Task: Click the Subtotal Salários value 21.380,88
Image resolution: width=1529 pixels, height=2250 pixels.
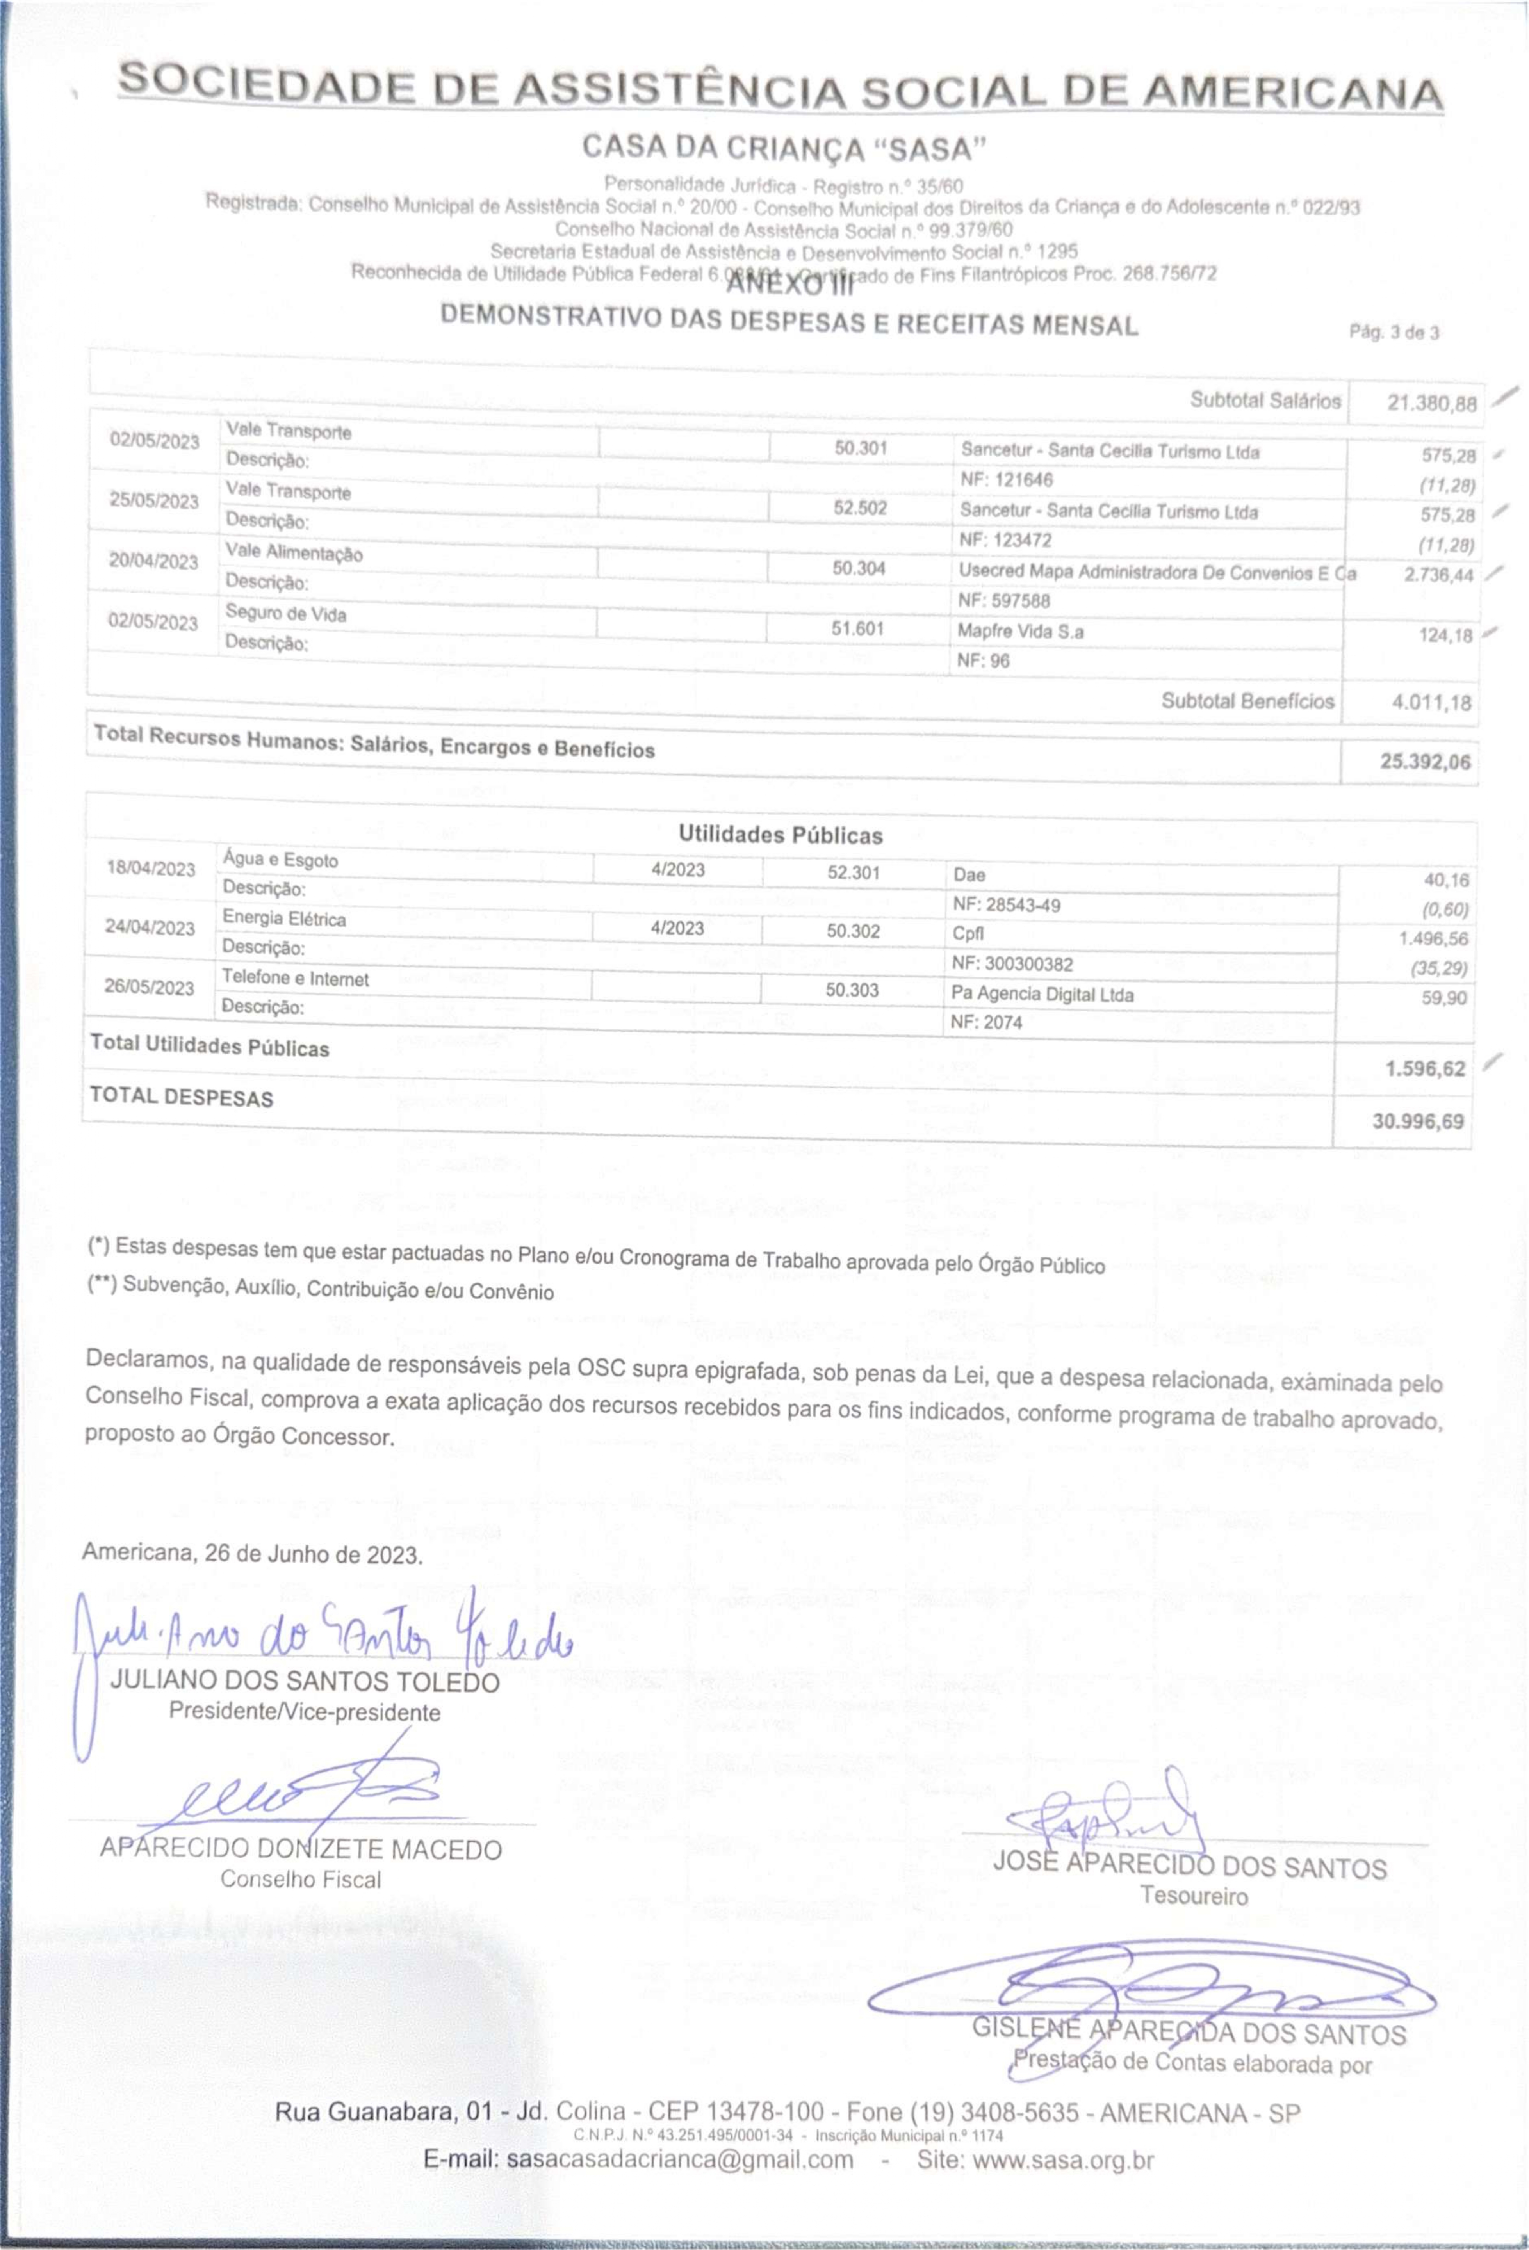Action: pos(1431,403)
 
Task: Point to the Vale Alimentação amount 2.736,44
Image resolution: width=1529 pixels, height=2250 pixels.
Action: pos(1438,575)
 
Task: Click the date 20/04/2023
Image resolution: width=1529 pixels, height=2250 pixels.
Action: pos(153,562)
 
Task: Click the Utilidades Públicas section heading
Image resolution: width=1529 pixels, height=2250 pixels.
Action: pos(779,835)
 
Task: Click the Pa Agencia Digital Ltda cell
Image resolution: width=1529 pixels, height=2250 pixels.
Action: pos(1042,994)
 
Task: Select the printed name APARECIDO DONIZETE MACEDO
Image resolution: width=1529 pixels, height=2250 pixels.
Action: pos(300,1849)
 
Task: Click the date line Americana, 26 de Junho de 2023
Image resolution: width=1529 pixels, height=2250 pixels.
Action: pos(252,1555)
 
